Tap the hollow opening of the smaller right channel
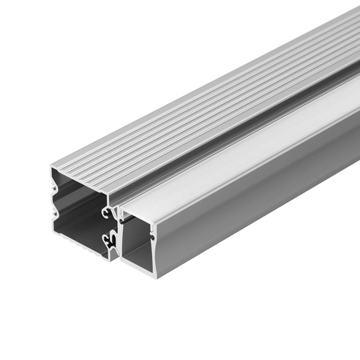click(135, 241)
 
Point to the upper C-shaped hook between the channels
click(108, 212)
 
